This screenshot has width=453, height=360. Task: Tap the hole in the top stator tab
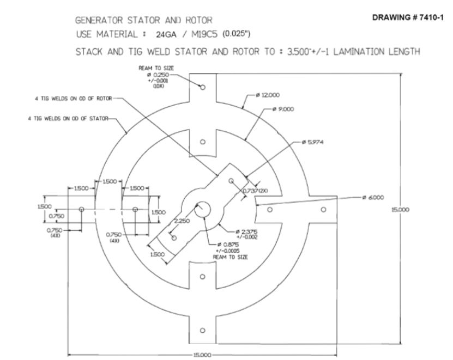tap(202, 87)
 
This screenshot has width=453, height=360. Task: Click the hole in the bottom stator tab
tap(202, 330)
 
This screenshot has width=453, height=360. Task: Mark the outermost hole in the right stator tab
tap(324, 209)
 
